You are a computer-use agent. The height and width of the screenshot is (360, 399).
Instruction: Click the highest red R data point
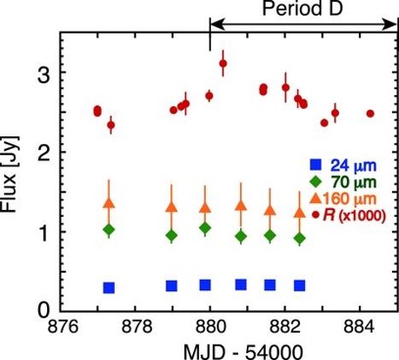(224, 64)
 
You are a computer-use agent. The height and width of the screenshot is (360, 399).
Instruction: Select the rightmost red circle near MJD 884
(371, 114)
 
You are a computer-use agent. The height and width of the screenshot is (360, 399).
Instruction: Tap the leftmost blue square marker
(109, 287)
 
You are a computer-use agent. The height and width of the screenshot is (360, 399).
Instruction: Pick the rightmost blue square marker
(299, 285)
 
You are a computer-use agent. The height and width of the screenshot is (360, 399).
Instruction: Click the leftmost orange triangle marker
(110, 203)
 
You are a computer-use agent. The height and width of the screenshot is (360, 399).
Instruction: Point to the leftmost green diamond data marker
(109, 230)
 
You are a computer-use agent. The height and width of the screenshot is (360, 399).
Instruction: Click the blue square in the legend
(316, 165)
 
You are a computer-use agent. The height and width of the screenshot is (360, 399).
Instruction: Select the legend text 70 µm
(354, 181)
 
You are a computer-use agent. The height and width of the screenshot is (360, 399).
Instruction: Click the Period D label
(303, 8)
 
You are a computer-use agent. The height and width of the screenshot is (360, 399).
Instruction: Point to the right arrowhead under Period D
(390, 25)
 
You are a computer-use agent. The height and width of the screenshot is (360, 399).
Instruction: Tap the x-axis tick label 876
(64, 327)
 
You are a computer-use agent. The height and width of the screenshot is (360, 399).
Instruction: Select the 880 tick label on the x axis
(210, 327)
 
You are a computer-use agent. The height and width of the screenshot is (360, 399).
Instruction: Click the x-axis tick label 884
(359, 327)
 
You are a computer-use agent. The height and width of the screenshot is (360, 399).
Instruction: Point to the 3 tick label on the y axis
(44, 75)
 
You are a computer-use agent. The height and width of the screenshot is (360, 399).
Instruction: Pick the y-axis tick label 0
(44, 311)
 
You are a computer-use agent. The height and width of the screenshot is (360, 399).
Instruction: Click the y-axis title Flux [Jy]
(10, 174)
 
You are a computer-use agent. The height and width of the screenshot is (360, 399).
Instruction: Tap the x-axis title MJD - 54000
(244, 352)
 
